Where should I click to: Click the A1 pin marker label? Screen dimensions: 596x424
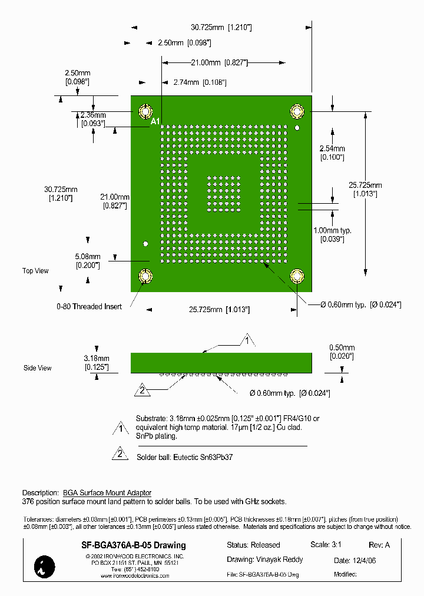[155, 122]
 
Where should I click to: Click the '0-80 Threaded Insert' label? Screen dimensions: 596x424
[89, 307]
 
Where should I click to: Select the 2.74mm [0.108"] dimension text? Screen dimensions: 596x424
[200, 82]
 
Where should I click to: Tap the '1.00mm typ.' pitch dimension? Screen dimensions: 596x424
[332, 234]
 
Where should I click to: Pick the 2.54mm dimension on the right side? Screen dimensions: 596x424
[332, 153]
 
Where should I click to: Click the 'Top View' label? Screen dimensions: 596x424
[35, 271]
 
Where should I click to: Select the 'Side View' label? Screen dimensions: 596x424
[37, 368]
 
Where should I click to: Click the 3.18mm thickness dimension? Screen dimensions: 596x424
[96, 362]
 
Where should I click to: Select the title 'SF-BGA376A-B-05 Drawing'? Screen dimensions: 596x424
[133, 545]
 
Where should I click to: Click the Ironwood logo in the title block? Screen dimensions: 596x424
[45, 566]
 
